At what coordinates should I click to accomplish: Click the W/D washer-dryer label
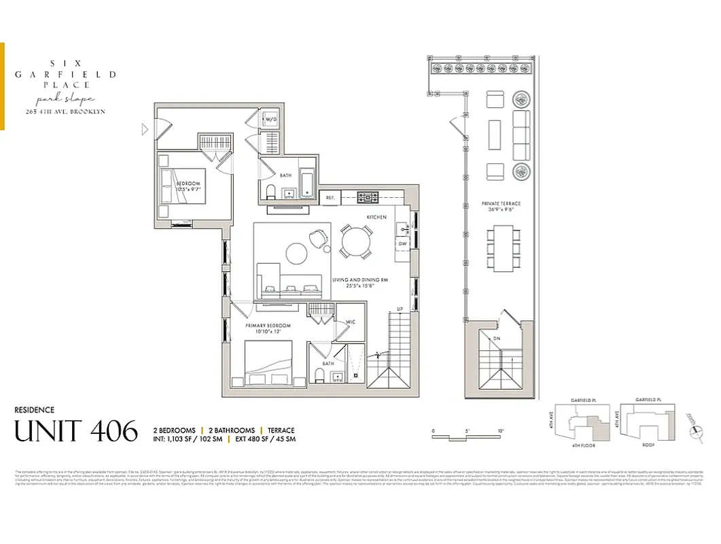point(271,120)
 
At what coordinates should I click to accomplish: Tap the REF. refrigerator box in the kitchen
point(330,197)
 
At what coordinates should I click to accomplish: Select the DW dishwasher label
point(402,243)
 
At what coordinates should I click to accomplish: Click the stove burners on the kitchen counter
point(368,197)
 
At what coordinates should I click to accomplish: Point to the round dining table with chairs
point(356,241)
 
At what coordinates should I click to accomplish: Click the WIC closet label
point(351,322)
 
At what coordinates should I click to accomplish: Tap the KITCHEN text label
point(376,217)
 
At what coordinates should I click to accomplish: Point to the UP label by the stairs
point(400,309)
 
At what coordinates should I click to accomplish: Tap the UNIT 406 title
point(75,431)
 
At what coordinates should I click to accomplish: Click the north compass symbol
point(693,429)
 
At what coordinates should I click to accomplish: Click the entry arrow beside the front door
point(144,129)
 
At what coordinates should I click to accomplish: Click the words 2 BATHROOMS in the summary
point(232,430)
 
